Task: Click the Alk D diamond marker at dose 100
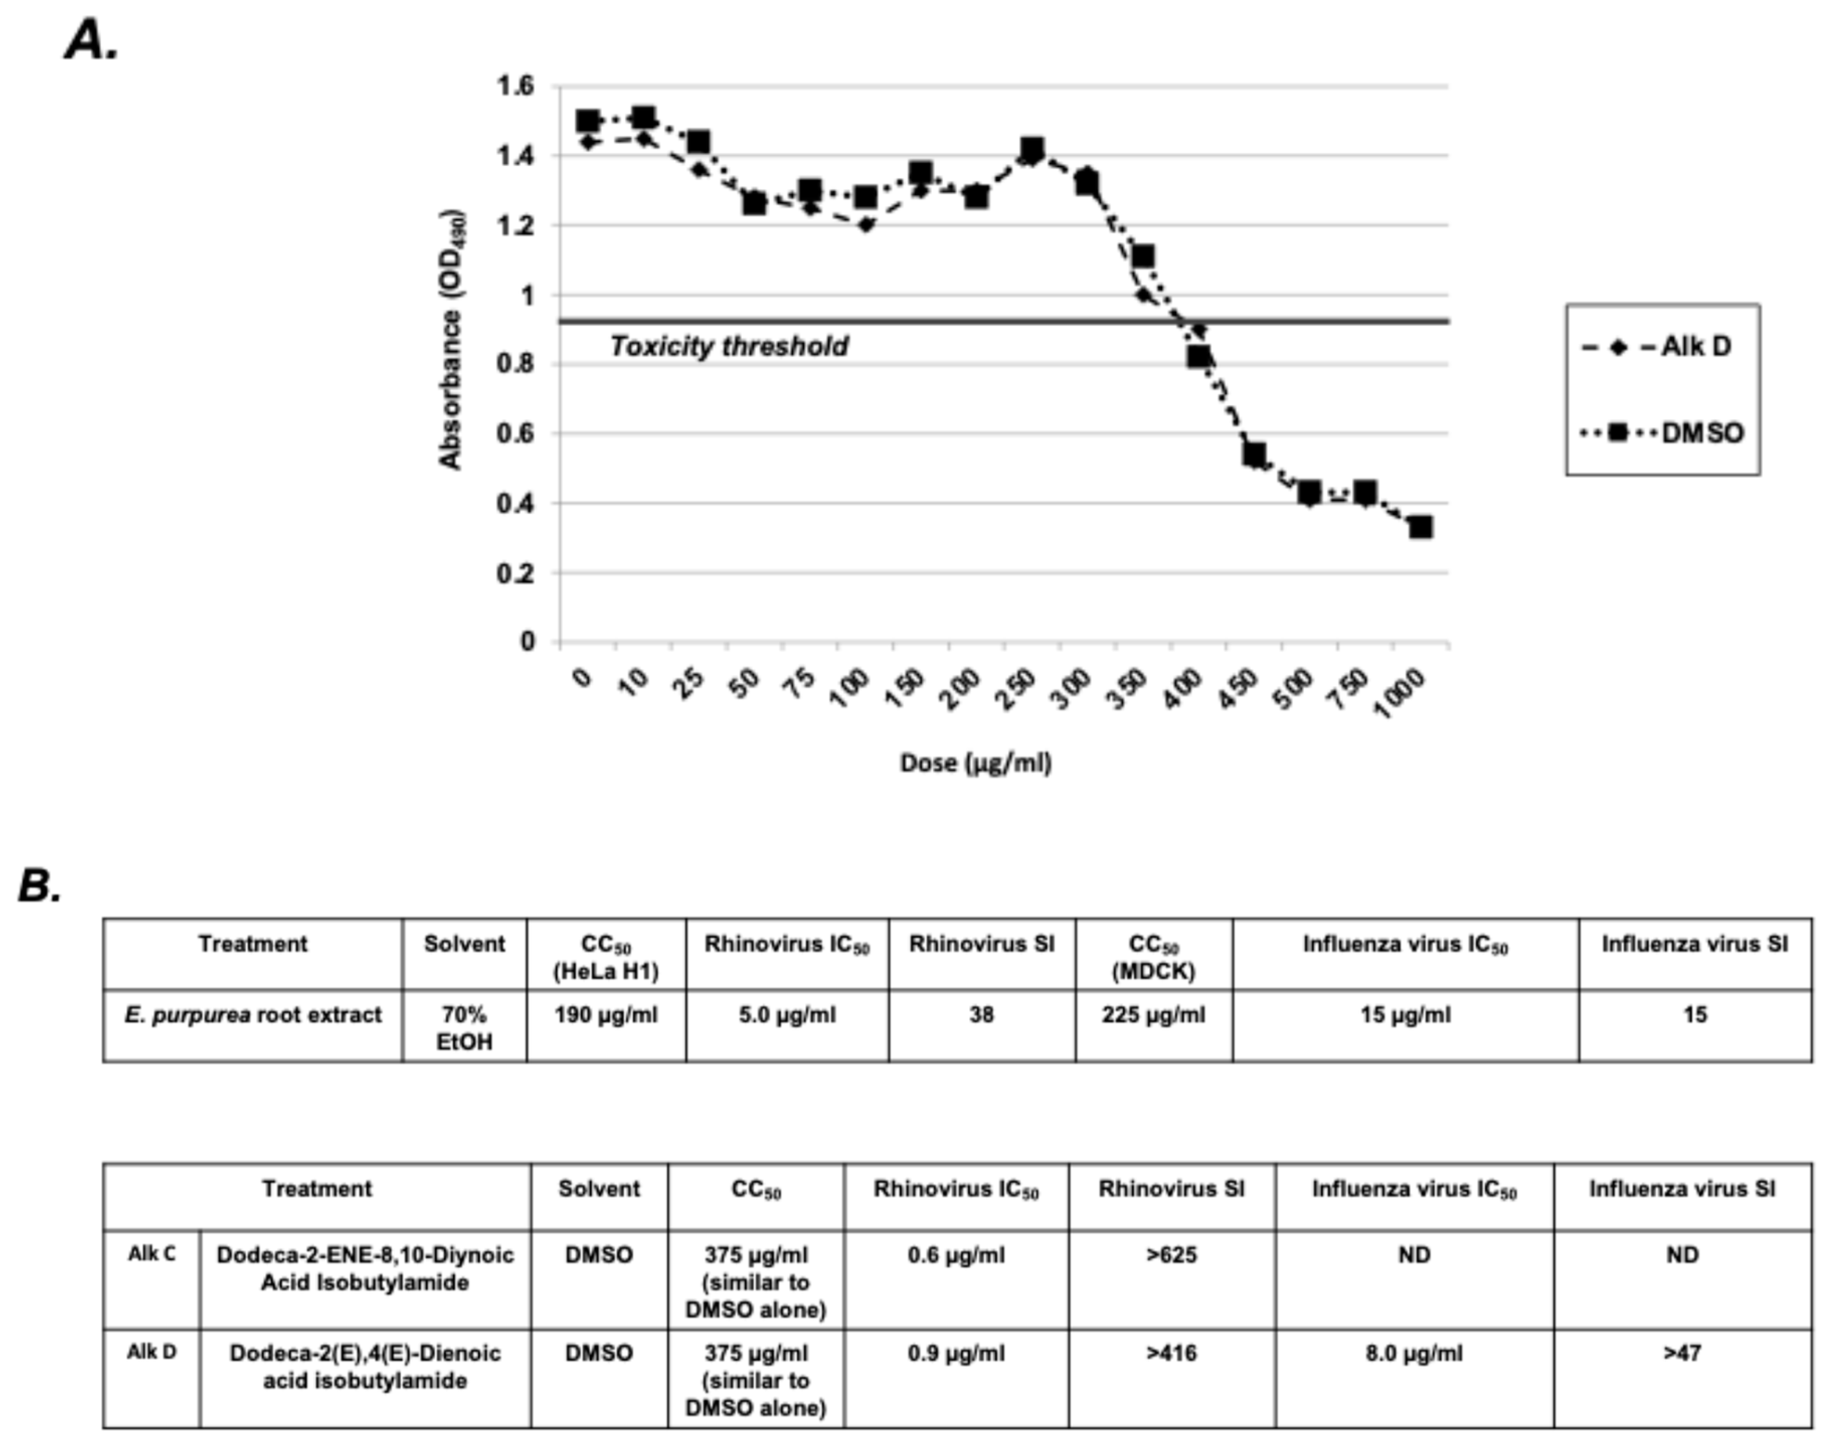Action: tap(864, 225)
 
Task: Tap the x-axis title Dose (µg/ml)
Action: tap(975, 763)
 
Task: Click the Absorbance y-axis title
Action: tap(450, 338)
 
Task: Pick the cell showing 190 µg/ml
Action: tap(605, 1015)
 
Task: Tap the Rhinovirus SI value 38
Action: tap(981, 1015)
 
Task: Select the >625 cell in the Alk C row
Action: tap(1171, 1255)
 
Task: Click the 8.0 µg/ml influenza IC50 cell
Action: tap(1414, 1353)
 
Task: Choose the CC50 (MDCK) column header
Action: tap(1154, 957)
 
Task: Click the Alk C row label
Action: tap(152, 1255)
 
